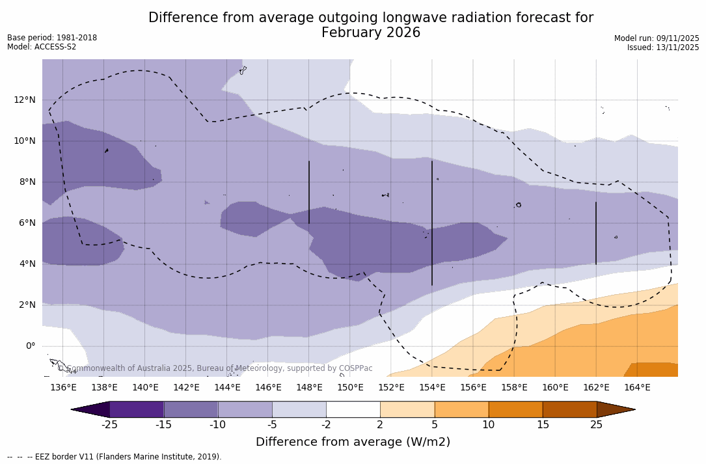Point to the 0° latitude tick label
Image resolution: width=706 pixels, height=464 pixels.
[31, 346]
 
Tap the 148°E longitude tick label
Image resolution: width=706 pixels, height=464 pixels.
[309, 387]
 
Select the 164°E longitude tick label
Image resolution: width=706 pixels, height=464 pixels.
[637, 387]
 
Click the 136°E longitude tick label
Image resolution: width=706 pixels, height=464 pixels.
[63, 387]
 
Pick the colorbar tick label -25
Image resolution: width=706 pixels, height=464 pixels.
[109, 425]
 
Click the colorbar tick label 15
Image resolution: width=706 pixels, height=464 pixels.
[543, 425]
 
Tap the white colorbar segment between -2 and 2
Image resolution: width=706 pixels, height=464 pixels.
[353, 409]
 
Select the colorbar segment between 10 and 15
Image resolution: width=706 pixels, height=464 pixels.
[515, 409]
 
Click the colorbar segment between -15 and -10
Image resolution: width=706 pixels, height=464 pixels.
[191, 409]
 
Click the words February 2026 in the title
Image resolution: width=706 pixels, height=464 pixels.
[371, 33]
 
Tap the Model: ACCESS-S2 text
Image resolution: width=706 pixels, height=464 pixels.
[42, 47]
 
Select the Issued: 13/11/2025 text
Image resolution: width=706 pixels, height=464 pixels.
[663, 48]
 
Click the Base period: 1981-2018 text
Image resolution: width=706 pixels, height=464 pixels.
[52, 38]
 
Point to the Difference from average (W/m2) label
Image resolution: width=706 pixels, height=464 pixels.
[353, 442]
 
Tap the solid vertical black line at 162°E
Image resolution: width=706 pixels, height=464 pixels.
[595, 233]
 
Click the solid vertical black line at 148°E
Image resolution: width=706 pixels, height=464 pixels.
[309, 192]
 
